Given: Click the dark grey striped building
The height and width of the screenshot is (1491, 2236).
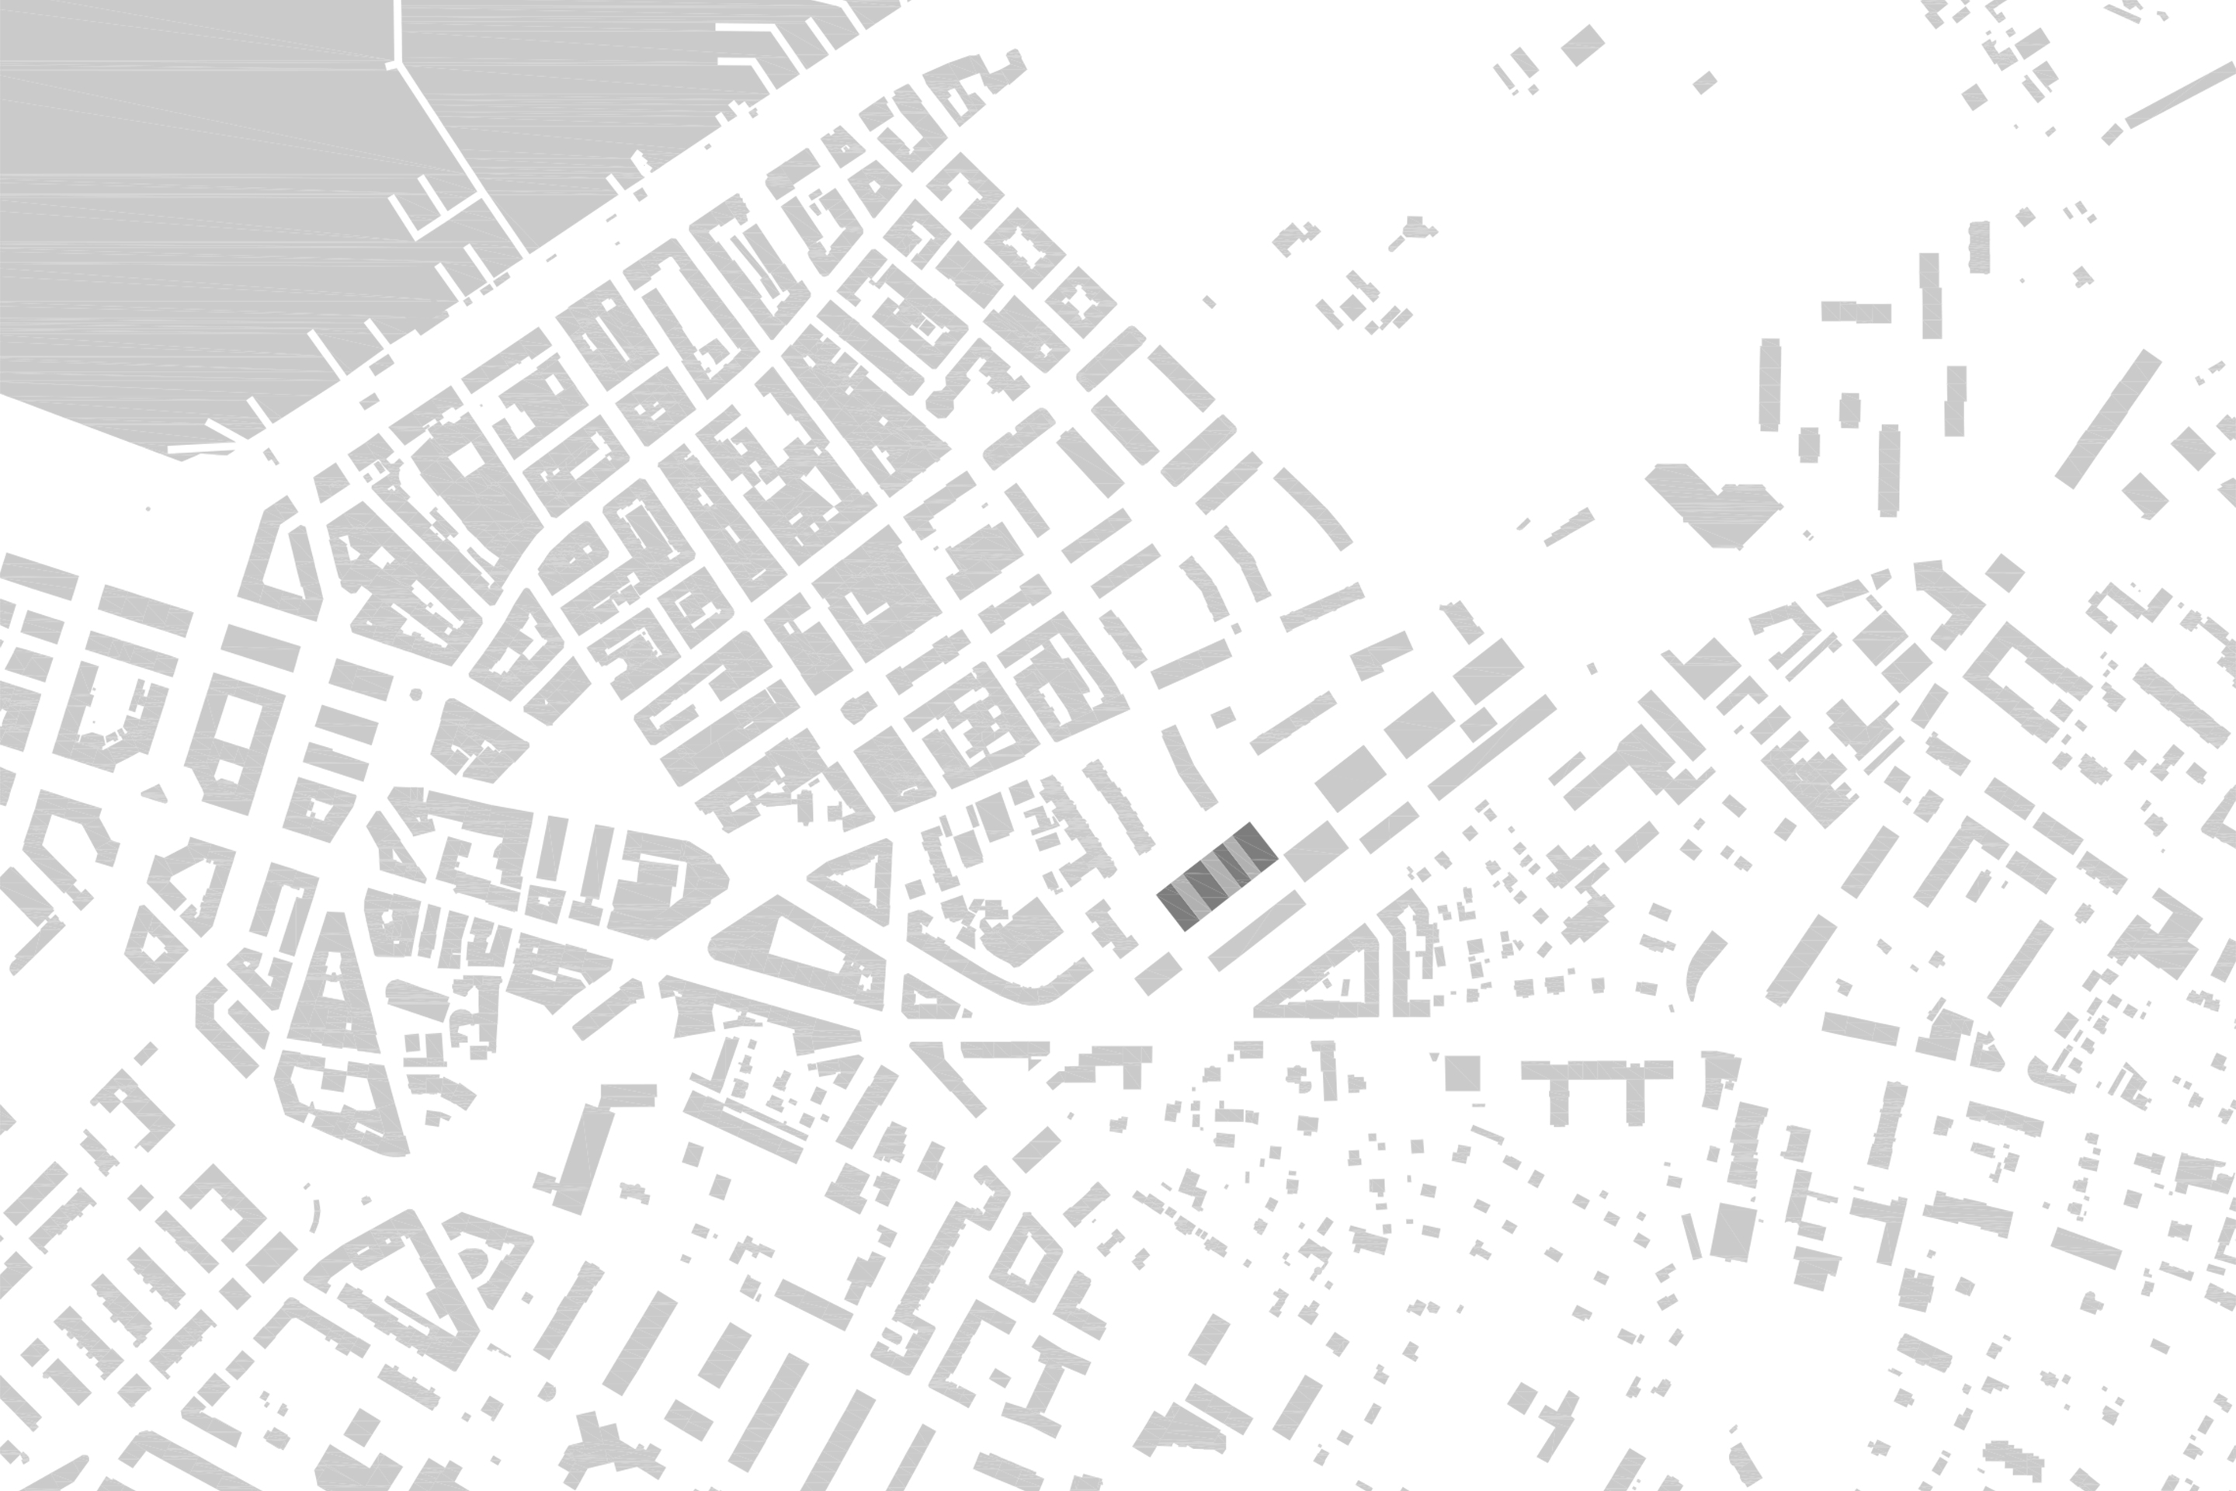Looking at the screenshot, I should pos(1216,876).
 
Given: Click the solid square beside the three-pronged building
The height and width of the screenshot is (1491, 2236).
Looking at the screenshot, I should pos(1462,1072).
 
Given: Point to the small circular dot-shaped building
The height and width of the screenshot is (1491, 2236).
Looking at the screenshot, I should pos(415,695).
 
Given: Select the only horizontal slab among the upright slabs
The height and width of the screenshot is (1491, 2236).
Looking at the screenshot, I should pos(1855,312).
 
